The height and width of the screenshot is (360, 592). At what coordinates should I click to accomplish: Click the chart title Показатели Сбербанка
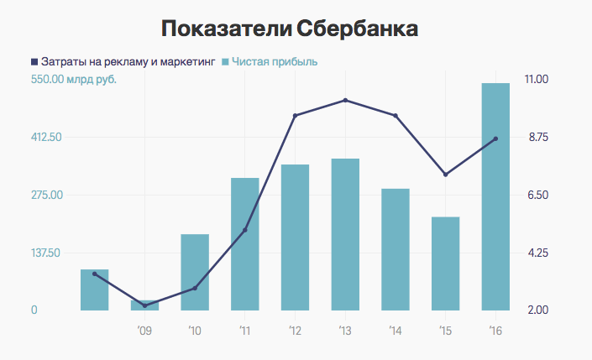pyautogui.click(x=290, y=29)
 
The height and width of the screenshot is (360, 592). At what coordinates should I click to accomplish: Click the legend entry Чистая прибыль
pyautogui.click(x=275, y=61)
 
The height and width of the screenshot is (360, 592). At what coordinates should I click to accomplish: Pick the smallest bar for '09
pyautogui.click(x=144, y=305)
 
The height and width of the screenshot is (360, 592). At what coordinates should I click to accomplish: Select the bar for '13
pyautogui.click(x=345, y=235)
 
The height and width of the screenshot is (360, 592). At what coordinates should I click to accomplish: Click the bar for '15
pyautogui.click(x=446, y=264)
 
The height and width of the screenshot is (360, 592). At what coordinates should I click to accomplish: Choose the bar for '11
pyautogui.click(x=245, y=243)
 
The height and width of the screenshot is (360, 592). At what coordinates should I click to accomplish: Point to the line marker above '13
pyautogui.click(x=345, y=101)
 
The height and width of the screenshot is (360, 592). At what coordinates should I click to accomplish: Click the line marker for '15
pyautogui.click(x=446, y=175)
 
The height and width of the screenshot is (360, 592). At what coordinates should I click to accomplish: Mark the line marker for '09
pyautogui.click(x=144, y=305)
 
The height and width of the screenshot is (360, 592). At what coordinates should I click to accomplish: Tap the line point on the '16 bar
pyautogui.click(x=495, y=138)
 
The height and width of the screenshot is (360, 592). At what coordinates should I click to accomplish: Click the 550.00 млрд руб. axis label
pyautogui.click(x=74, y=80)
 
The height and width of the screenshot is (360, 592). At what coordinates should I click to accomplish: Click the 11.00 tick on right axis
pyautogui.click(x=536, y=80)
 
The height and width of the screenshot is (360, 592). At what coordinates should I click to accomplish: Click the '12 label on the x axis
pyautogui.click(x=295, y=331)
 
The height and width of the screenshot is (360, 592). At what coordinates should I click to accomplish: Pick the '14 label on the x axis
pyautogui.click(x=395, y=331)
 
